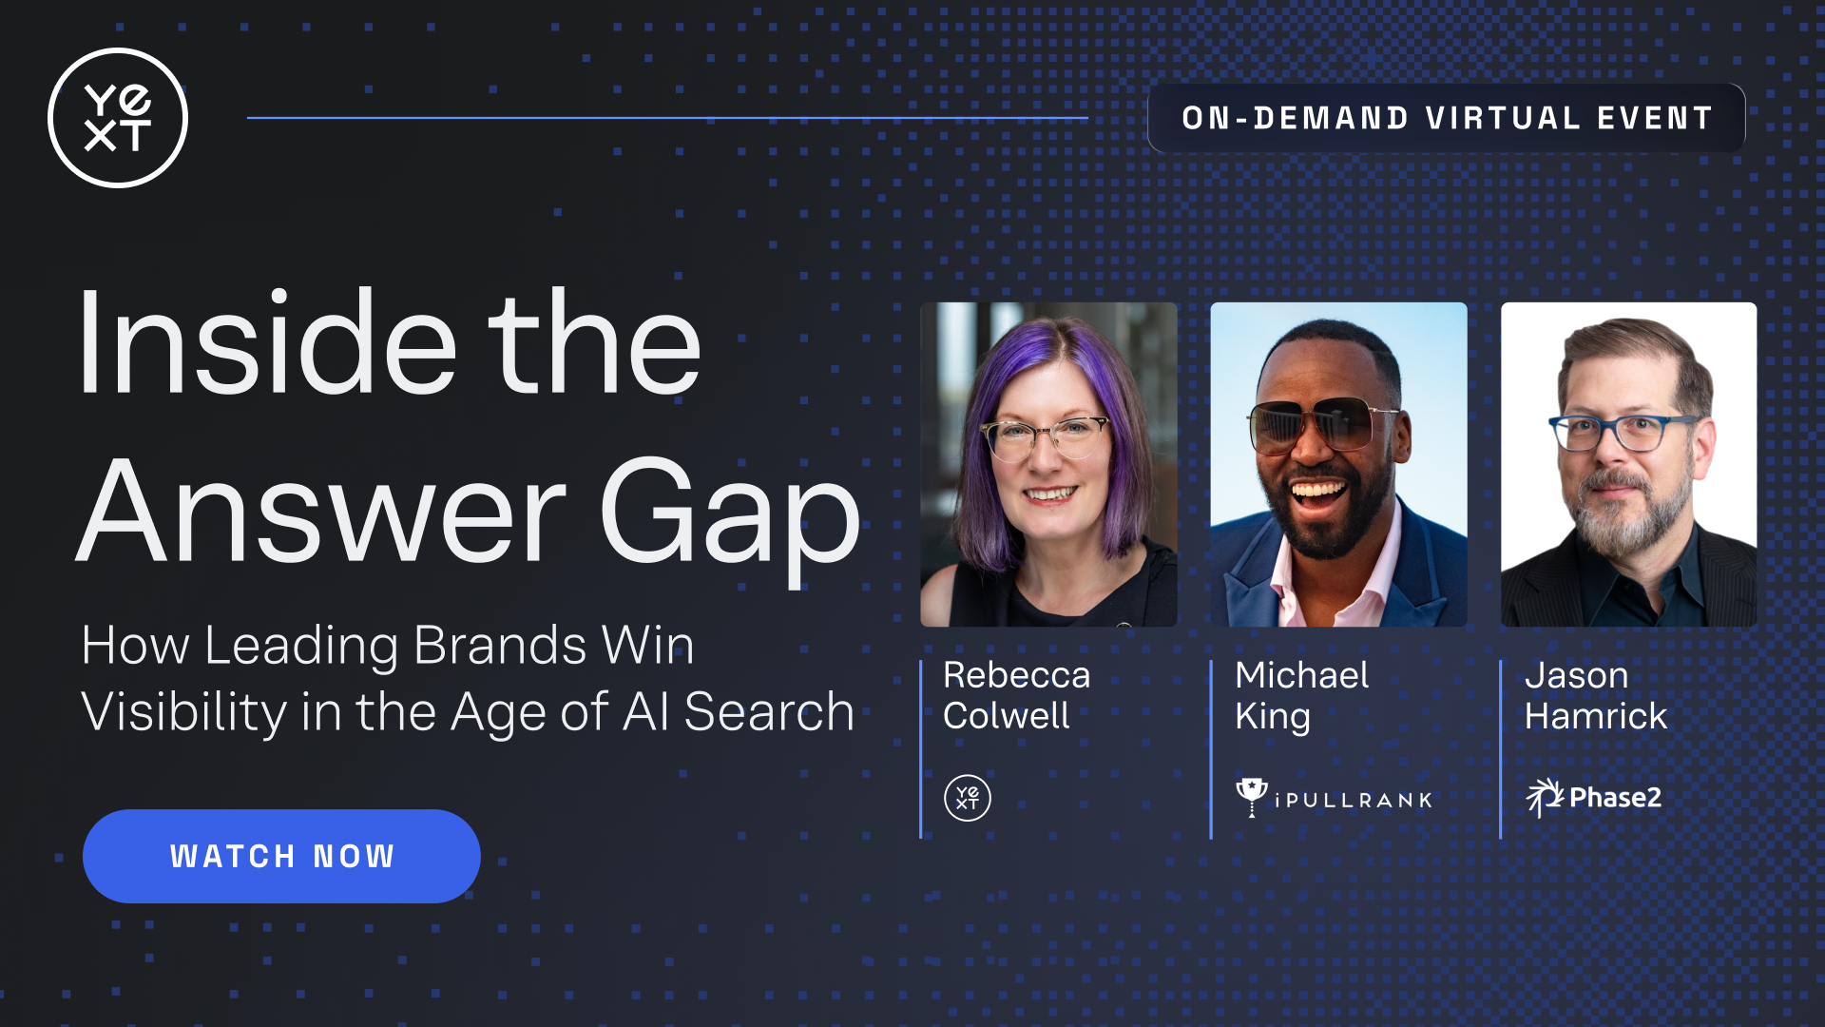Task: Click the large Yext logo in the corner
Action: [118, 118]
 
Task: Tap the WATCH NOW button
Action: [281, 856]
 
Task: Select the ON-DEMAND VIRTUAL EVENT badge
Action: [1447, 118]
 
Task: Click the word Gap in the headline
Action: [730, 513]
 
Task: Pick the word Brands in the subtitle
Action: [501, 646]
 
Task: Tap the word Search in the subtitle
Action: [769, 712]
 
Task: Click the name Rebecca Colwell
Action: [1016, 695]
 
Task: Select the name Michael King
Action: [1301, 695]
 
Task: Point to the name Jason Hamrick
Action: [1596, 695]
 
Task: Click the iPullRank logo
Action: [1334, 798]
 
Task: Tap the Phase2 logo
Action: [1594, 798]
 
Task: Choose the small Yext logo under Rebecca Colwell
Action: [968, 798]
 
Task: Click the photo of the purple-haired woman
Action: [1048, 464]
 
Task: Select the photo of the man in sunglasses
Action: [1338, 464]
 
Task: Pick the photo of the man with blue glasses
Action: [1628, 464]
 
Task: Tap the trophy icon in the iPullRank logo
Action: [1251, 797]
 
